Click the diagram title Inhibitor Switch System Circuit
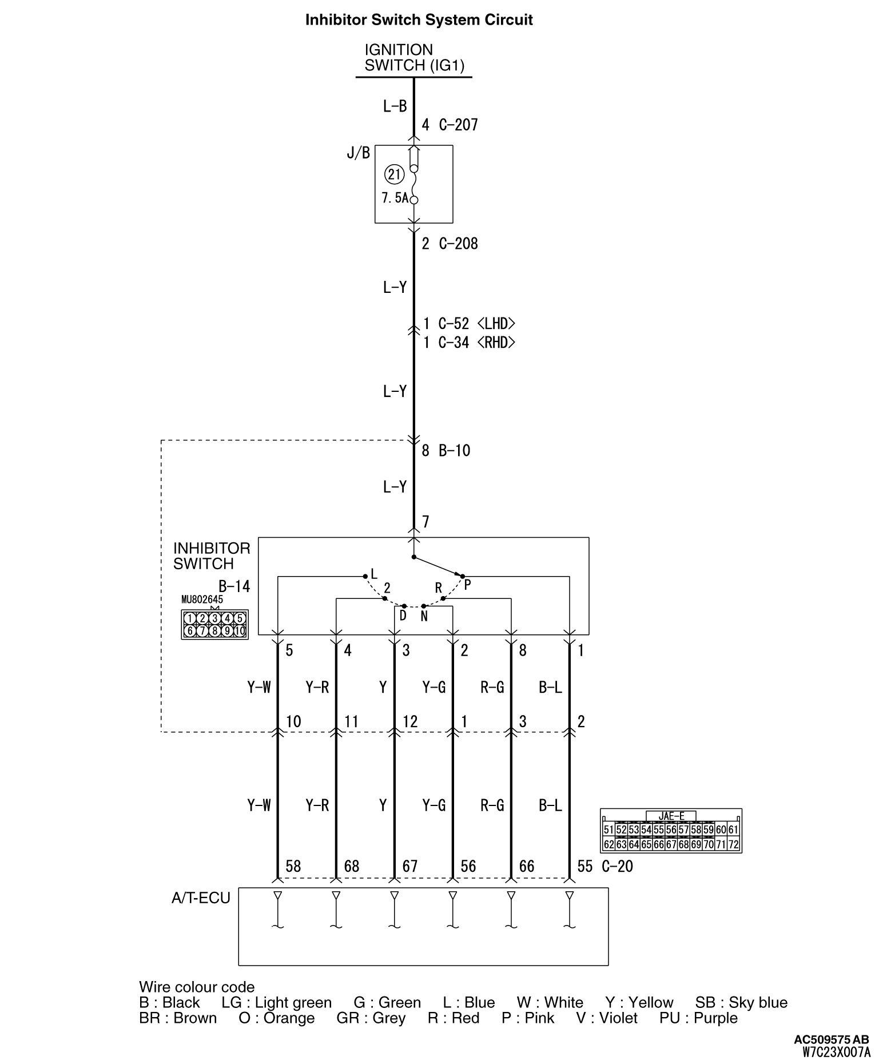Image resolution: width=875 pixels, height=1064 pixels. [x=419, y=20]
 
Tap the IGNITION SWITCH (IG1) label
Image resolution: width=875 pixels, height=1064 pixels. [x=414, y=58]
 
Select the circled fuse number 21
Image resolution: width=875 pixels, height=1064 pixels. [x=394, y=174]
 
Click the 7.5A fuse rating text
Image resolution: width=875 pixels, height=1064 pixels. [x=395, y=198]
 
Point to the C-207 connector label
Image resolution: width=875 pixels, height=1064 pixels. [x=458, y=125]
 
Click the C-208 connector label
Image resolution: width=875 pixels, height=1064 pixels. [x=458, y=244]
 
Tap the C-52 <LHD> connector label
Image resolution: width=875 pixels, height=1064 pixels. [x=476, y=324]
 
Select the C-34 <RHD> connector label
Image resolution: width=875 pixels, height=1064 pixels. [x=476, y=343]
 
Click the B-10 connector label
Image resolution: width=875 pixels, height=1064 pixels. [x=454, y=451]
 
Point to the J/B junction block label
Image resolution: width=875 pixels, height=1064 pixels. [x=359, y=153]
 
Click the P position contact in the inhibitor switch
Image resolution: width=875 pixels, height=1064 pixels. [x=463, y=577]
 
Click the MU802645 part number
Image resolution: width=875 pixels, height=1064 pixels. [x=202, y=600]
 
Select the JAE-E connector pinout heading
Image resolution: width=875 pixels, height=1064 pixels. [x=671, y=816]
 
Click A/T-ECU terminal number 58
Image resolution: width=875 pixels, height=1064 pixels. [x=293, y=866]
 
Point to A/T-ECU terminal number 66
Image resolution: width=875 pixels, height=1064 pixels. [x=526, y=866]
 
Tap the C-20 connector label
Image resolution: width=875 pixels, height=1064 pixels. [x=617, y=867]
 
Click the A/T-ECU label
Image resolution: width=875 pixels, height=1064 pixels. [x=201, y=898]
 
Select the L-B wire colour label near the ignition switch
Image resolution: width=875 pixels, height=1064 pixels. [x=395, y=106]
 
